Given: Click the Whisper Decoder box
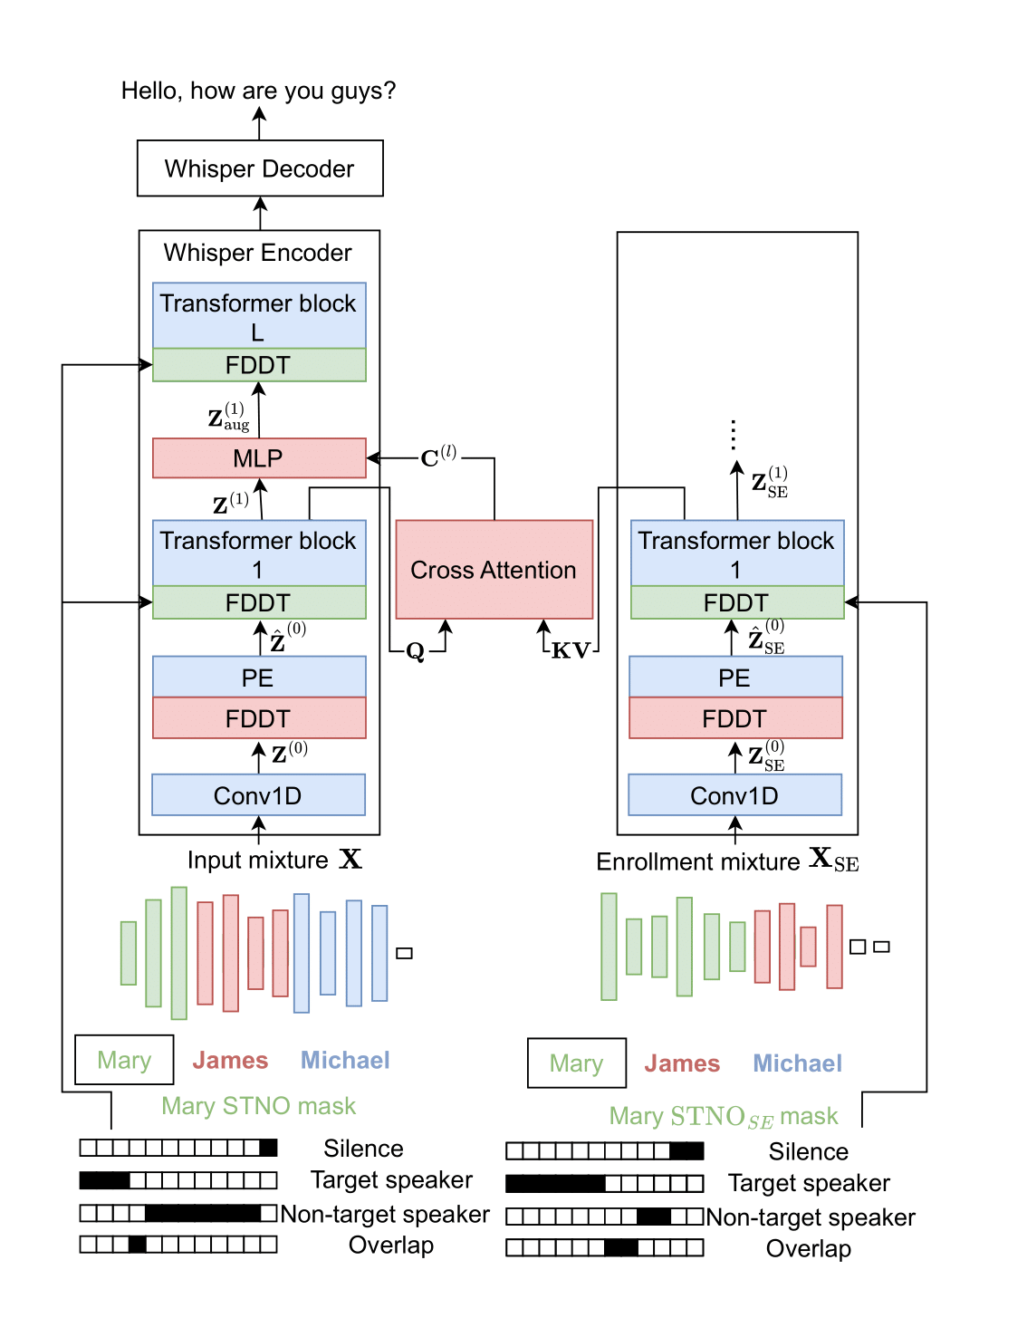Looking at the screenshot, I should [x=260, y=168].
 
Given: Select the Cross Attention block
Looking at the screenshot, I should [x=494, y=570].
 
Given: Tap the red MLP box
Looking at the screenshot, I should [x=259, y=458].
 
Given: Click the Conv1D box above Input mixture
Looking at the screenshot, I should [x=258, y=795].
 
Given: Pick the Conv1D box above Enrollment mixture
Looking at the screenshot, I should [x=734, y=795].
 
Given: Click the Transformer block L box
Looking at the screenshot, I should [x=259, y=316].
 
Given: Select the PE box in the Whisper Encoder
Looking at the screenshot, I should [x=259, y=678].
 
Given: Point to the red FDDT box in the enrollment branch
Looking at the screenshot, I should [x=735, y=718].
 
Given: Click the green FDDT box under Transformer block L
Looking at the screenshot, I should [x=259, y=365].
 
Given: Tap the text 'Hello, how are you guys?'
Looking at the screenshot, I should [x=259, y=91].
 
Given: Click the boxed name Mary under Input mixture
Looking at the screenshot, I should [x=124, y=1060].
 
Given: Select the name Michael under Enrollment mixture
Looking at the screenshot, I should [x=797, y=1063].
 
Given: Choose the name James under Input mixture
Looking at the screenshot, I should [x=230, y=1060].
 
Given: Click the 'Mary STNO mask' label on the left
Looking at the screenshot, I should [x=259, y=1106].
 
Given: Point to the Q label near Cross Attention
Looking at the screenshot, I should [x=415, y=651].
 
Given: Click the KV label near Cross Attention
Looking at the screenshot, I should [x=571, y=650].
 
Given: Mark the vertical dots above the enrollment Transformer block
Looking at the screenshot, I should [x=734, y=435].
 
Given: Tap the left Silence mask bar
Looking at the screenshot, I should [x=178, y=1148].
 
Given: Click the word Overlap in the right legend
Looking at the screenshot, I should [x=808, y=1248].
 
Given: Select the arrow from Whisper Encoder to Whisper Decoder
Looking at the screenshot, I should [x=260, y=213].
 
